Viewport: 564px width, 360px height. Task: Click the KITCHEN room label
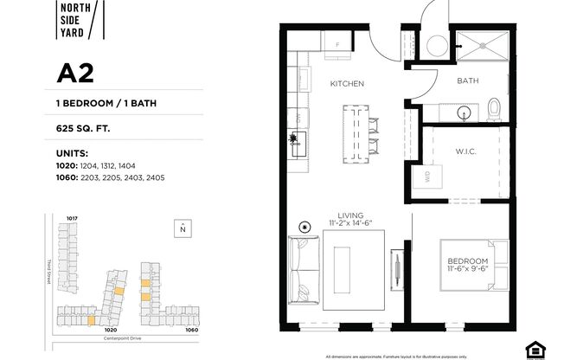coord(347,84)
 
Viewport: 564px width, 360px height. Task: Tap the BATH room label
coord(468,80)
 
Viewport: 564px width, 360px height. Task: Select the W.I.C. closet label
coord(465,152)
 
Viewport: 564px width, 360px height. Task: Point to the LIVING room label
coord(350,215)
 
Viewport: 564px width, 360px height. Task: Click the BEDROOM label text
coord(467,261)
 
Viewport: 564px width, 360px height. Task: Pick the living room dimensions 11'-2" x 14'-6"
coord(350,224)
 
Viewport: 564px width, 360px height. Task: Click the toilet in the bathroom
coord(494,108)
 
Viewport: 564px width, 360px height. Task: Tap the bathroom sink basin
coord(462,112)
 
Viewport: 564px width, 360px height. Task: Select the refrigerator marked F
coord(336,42)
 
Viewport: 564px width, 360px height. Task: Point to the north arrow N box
coord(182,228)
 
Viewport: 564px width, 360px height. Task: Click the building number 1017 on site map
coord(73,218)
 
